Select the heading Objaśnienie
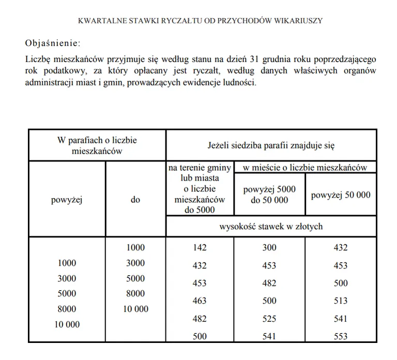click(53, 42)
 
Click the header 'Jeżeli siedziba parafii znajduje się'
click(271, 145)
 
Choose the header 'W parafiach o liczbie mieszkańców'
click(97, 145)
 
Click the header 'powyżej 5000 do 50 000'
click(269, 194)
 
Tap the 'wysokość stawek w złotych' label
click(271, 226)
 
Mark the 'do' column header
click(135, 200)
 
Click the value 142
click(200, 248)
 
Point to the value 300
click(269, 248)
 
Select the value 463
click(200, 301)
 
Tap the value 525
click(269, 319)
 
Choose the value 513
click(341, 301)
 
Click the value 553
click(341, 336)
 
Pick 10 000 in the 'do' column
click(135, 309)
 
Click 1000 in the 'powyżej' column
click(67, 263)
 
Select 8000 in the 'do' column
click(135, 293)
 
